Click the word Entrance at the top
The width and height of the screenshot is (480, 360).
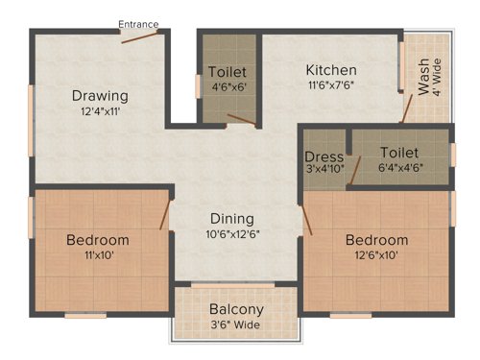pos(139,24)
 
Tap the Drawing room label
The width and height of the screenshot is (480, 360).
pos(100,95)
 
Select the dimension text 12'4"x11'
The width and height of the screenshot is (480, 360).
pos(100,110)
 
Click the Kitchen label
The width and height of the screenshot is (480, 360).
pos(331,70)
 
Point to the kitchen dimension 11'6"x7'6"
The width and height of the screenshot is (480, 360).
pos(331,85)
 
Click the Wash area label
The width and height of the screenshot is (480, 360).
pos(424,77)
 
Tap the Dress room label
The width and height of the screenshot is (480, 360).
pos(324,157)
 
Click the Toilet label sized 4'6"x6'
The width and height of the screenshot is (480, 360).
pos(228,72)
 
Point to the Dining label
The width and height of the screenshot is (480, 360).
pos(233,218)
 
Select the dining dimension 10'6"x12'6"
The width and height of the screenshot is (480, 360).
pos(233,233)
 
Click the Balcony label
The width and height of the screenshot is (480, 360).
pos(237,310)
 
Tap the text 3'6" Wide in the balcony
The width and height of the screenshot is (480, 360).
pos(237,325)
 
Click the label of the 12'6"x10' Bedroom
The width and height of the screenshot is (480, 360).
pos(377,239)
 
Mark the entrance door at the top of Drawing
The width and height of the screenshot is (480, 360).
pos(139,36)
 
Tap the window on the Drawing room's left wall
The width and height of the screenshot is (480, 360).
pos(31,107)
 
